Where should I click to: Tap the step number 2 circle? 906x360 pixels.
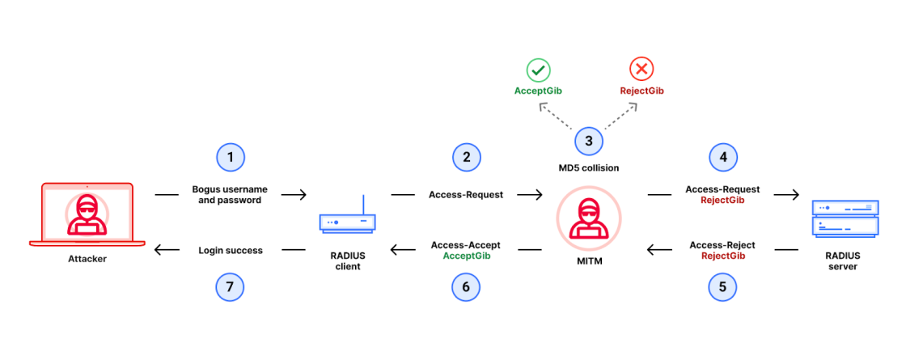point(466,157)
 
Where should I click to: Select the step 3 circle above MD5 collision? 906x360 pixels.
point(589,142)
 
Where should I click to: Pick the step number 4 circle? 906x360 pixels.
point(722,157)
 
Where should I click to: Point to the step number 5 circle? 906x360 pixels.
point(722,286)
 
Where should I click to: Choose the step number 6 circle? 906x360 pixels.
point(466,286)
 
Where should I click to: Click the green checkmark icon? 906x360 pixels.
point(539,70)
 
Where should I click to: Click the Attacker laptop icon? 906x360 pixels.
point(87,214)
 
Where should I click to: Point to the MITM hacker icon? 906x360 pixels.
point(588,220)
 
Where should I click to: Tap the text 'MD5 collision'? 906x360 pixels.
point(589,168)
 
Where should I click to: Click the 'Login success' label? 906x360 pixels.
point(231,251)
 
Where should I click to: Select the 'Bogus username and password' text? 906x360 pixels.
point(231,195)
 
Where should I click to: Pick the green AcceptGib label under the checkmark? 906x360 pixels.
point(539,91)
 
